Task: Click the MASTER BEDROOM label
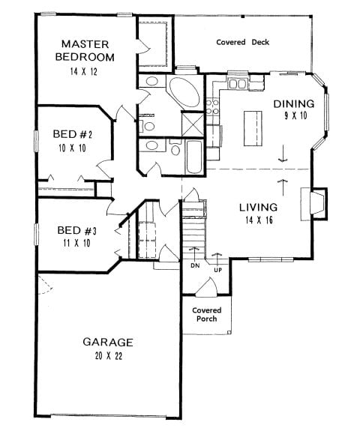[85, 51]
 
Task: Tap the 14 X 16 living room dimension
[259, 220]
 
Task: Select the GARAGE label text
[108, 342]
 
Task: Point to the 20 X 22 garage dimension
[109, 356]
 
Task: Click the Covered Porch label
[207, 315]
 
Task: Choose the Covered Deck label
[242, 42]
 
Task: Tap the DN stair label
[195, 265]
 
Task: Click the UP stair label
[218, 271]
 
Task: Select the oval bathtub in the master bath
[184, 92]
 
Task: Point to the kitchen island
[253, 129]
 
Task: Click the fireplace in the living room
[314, 204]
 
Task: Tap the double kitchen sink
[237, 83]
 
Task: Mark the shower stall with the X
[193, 124]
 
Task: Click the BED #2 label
[73, 134]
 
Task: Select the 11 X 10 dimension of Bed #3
[76, 243]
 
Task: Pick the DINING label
[294, 104]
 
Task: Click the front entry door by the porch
[206, 287]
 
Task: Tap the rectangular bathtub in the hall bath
[194, 157]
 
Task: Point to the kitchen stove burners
[212, 107]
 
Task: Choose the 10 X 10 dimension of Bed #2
[72, 148]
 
